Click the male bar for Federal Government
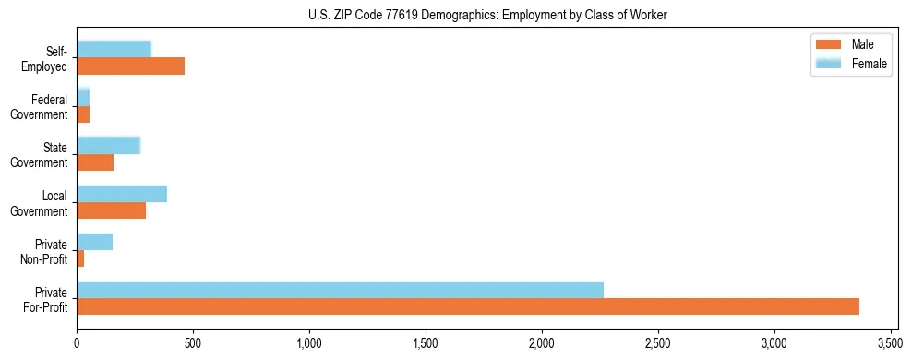pyautogui.click(x=83, y=114)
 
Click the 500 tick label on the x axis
pyautogui.click(x=193, y=343)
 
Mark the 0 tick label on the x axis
pyautogui.click(x=77, y=343)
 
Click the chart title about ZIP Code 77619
pyautogui.click(x=487, y=16)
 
